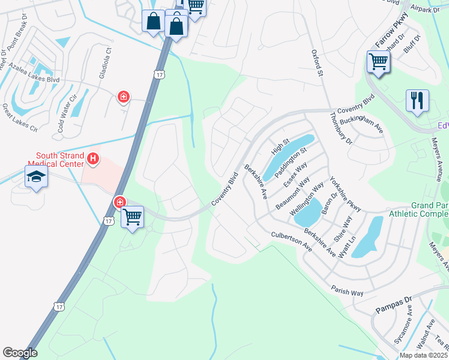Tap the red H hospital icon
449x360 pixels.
click(93, 159)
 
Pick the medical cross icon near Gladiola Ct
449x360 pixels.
click(124, 97)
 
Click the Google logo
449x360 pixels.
click(20, 353)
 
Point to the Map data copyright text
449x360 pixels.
click(423, 355)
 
